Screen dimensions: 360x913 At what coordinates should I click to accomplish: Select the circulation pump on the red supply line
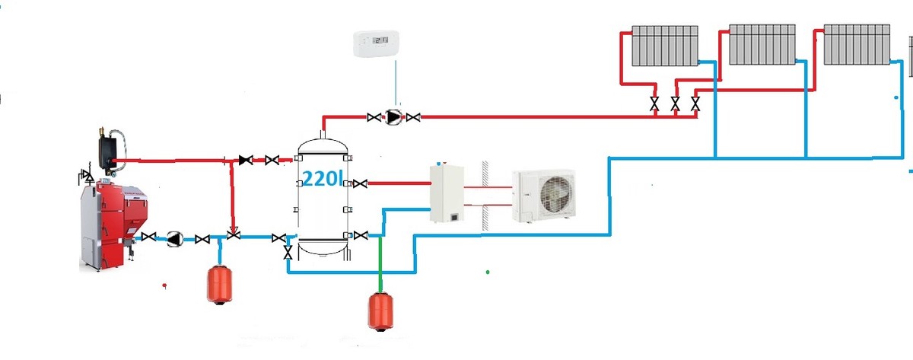coord(393,117)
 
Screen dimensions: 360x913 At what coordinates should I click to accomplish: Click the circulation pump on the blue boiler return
coord(174,239)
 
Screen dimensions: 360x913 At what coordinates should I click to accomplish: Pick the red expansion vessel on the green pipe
coord(380,311)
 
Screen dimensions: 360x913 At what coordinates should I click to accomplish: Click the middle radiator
coord(762,44)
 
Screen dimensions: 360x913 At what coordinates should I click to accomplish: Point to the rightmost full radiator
coord(857,44)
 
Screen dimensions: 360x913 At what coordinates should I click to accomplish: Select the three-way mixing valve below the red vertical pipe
coord(234,237)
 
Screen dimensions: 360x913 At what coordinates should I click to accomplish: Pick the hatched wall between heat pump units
coord(484,196)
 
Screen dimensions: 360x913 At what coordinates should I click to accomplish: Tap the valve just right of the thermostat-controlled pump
coord(413,117)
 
